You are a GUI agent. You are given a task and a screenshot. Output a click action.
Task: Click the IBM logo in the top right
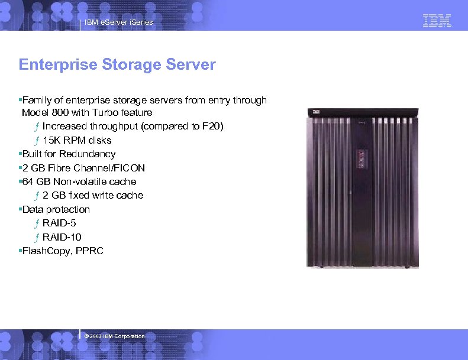pyautogui.click(x=437, y=21)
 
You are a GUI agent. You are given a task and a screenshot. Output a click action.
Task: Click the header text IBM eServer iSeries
pyautogui.click(x=118, y=22)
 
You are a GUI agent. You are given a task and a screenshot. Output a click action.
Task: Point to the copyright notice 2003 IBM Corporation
pyautogui.click(x=115, y=336)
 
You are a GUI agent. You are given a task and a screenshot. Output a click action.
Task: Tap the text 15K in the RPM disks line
pyautogui.click(x=52, y=140)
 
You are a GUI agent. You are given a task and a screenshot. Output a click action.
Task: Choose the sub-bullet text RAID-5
pyautogui.click(x=59, y=223)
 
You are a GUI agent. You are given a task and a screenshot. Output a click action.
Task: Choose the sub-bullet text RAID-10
pyautogui.click(x=62, y=237)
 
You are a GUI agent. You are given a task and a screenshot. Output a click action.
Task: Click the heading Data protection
pyautogui.click(x=56, y=209)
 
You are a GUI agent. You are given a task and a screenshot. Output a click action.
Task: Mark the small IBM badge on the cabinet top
pyautogui.click(x=317, y=112)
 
